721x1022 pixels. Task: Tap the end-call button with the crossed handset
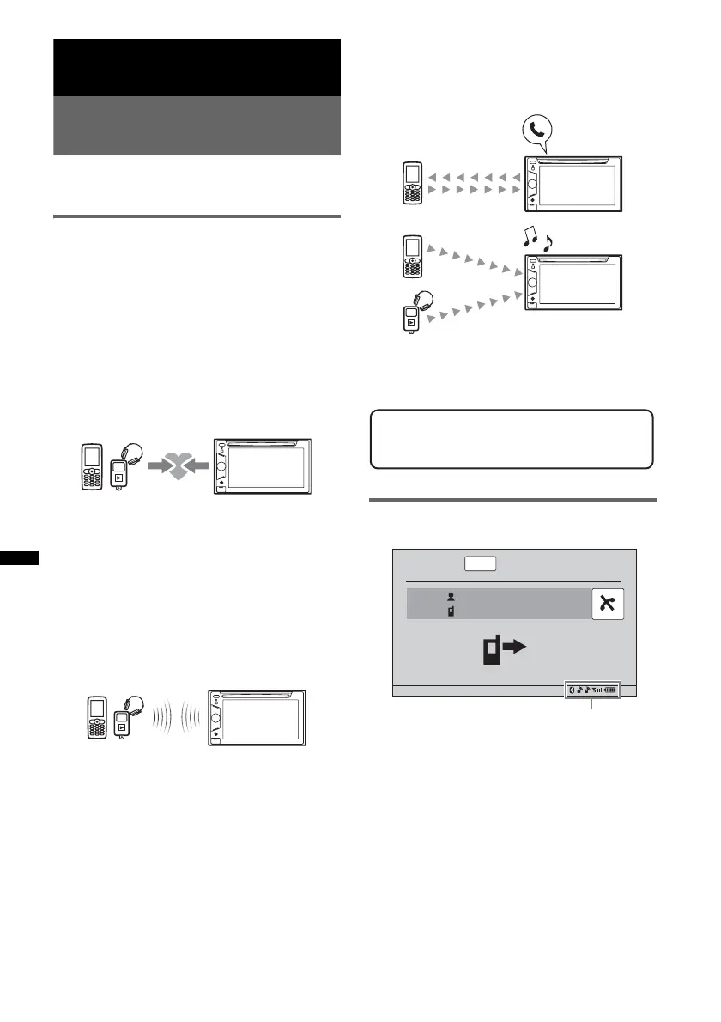tap(608, 605)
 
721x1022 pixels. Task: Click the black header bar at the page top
tap(197, 67)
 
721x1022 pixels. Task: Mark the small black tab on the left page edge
tap(19, 558)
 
